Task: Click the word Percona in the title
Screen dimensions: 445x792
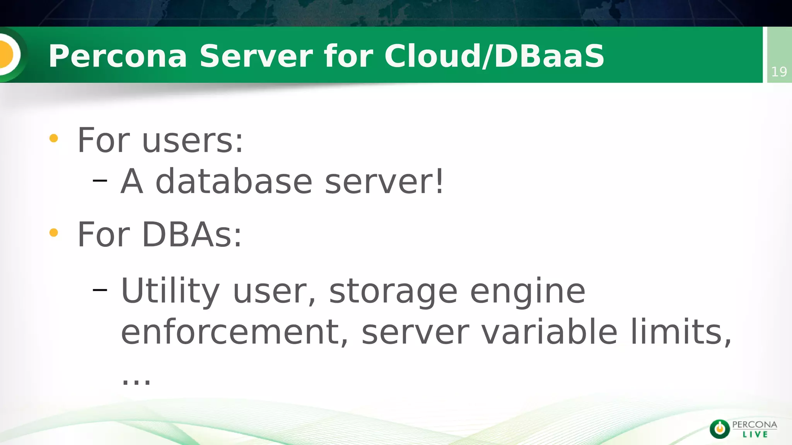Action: [x=118, y=56]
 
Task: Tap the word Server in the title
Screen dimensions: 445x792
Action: [x=256, y=56]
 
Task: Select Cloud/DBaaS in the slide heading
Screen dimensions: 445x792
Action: [x=494, y=56]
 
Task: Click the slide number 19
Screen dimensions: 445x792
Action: [x=779, y=72]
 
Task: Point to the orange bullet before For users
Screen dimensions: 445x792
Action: [x=54, y=138]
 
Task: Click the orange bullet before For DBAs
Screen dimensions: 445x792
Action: [x=54, y=233]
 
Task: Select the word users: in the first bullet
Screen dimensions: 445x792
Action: [x=193, y=141]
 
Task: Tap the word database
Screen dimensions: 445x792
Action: [x=234, y=182]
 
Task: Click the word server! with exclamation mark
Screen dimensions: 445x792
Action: [x=384, y=182]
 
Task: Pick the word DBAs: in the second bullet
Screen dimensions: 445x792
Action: [x=192, y=235]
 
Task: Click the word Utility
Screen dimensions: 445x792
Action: [x=170, y=291]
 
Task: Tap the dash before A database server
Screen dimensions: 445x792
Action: [x=100, y=180]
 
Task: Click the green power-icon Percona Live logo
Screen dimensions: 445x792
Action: [x=719, y=429]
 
